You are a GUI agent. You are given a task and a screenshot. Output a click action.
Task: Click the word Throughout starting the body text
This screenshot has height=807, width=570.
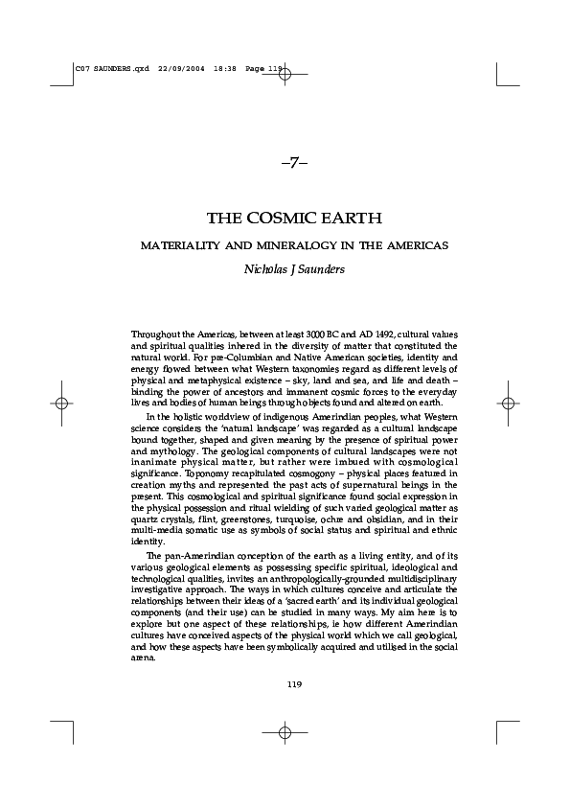pos(155,333)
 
